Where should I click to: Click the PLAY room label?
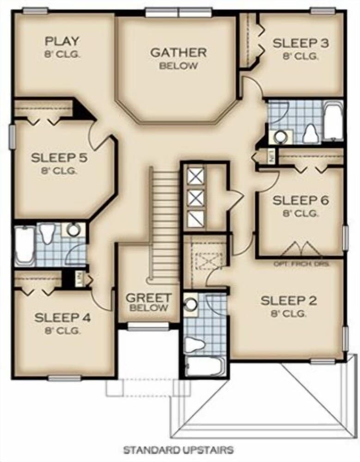point(62,46)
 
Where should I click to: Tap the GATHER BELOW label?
point(178,58)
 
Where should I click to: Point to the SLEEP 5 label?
point(60,163)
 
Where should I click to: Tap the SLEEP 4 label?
point(63,323)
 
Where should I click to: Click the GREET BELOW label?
point(149,302)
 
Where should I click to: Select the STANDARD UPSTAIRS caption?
point(178,449)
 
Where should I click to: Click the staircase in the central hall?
point(165,226)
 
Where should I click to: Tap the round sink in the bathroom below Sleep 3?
point(281,136)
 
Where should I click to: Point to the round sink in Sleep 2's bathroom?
point(190,304)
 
